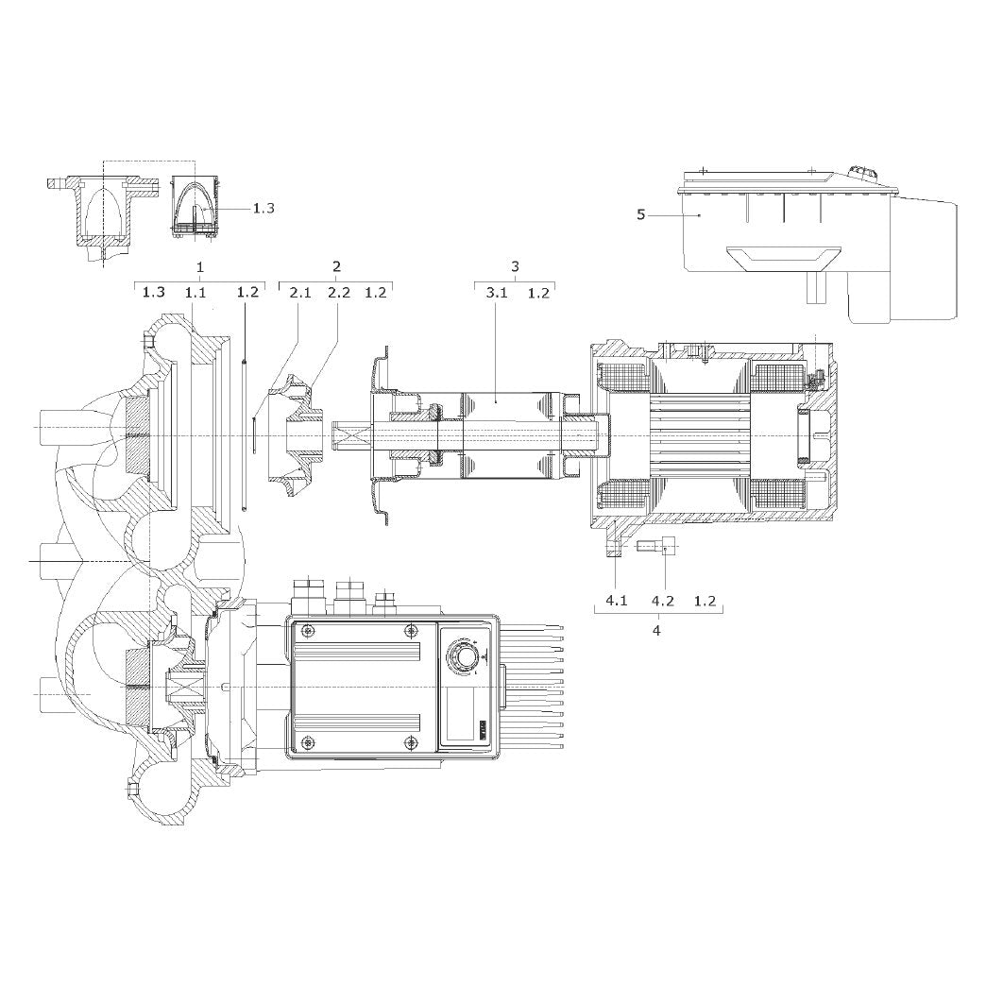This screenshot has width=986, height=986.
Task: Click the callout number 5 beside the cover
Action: pyautogui.click(x=640, y=215)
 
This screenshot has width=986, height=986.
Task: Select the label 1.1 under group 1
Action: pyautogui.click(x=195, y=293)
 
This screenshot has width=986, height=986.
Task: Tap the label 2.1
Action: pyautogui.click(x=300, y=293)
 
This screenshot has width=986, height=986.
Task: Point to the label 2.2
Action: pyautogui.click(x=339, y=293)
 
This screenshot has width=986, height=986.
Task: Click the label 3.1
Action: pyautogui.click(x=496, y=293)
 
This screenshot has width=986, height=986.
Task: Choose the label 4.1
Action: pyautogui.click(x=616, y=601)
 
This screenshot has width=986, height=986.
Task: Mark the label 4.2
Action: pyautogui.click(x=662, y=601)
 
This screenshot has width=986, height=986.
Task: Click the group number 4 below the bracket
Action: pyautogui.click(x=656, y=630)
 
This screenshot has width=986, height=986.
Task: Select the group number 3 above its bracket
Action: pyautogui.click(x=515, y=266)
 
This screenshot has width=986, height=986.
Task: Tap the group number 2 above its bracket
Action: pyautogui.click(x=336, y=266)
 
